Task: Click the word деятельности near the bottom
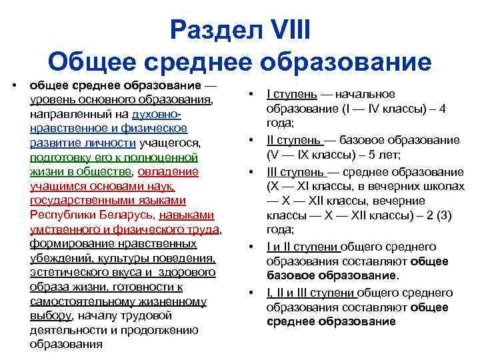[63, 331]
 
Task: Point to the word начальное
[365, 94]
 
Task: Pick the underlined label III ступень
[295, 171]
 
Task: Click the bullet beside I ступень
[251, 94]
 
